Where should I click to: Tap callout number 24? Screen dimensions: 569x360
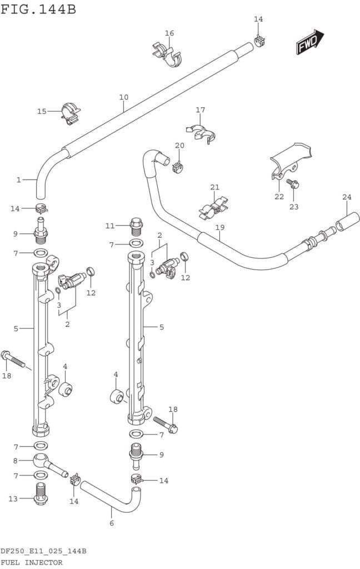pos(347,197)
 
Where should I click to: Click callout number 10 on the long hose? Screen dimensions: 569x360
pos(123,97)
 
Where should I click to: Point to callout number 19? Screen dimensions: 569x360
pos(219,227)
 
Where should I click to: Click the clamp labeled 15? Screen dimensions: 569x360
pos(71,112)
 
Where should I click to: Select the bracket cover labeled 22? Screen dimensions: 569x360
pos(289,159)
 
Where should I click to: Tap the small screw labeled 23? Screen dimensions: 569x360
pos(292,183)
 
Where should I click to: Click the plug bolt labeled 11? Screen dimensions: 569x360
pos(136,226)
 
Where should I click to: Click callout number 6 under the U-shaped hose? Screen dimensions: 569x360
pos(111,523)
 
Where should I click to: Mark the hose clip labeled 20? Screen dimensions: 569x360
pos(178,165)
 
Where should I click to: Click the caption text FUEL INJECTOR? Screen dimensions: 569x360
pos(32,562)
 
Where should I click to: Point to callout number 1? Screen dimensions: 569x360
pos(18,179)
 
